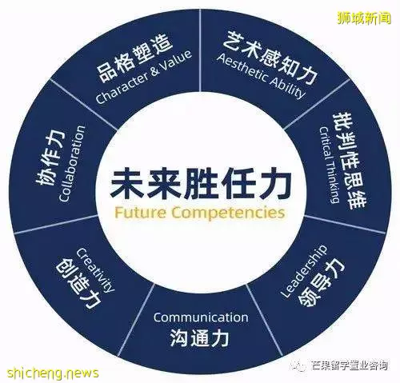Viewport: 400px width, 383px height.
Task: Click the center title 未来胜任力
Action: point(201,186)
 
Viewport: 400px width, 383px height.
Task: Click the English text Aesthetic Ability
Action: point(262,76)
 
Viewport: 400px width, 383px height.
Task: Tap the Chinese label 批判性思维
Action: point(349,162)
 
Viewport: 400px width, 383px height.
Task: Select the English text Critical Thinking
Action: point(330,165)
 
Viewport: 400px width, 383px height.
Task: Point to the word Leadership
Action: point(304,271)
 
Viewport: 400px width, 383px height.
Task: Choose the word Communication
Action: point(201,317)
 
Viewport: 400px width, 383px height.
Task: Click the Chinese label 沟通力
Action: point(199,338)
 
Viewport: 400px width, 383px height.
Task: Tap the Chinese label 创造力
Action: point(78,285)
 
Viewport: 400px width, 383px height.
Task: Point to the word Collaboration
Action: point(72,164)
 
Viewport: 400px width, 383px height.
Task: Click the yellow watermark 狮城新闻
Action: point(364,18)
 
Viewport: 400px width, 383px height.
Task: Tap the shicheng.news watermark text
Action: point(53,373)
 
